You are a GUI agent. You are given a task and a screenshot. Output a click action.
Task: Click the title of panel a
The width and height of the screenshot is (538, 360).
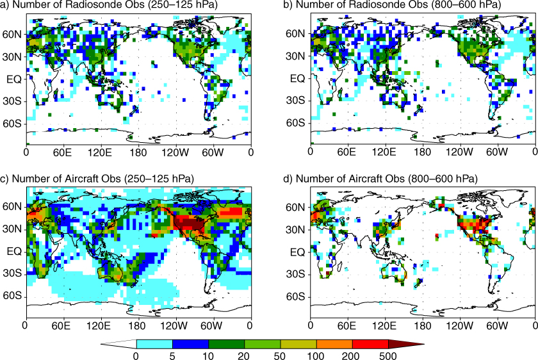(109, 4)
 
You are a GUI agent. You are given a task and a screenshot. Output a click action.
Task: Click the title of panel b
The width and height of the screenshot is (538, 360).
(393, 4)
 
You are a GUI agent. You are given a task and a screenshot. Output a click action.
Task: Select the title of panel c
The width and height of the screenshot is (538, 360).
(97, 179)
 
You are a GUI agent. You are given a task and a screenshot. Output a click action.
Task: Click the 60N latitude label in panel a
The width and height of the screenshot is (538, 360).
(12, 35)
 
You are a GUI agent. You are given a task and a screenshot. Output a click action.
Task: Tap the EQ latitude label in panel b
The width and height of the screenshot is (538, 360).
(297, 79)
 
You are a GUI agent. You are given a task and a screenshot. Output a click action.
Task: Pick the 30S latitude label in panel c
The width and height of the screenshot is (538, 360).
(12, 274)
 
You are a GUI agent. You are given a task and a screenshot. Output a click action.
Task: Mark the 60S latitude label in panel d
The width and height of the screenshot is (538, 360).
(295, 296)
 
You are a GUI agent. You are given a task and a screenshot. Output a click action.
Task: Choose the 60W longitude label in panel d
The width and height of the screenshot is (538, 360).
(497, 325)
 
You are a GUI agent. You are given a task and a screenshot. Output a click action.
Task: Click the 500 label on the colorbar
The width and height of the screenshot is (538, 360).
(388, 355)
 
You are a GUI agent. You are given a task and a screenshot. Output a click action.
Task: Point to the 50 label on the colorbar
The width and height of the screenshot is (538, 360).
(280, 355)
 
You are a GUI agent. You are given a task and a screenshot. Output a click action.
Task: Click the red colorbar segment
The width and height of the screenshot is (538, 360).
(370, 344)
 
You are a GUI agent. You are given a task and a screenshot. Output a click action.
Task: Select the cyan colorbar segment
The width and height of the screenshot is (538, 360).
(154, 344)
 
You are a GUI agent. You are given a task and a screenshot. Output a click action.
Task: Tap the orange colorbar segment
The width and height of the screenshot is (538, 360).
(334, 344)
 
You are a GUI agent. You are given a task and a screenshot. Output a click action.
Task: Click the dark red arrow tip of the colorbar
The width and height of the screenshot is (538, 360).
(424, 344)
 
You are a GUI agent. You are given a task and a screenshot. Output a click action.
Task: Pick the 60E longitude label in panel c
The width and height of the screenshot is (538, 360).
(61, 325)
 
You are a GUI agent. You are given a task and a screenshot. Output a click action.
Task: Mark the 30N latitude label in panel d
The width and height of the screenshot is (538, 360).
(295, 229)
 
